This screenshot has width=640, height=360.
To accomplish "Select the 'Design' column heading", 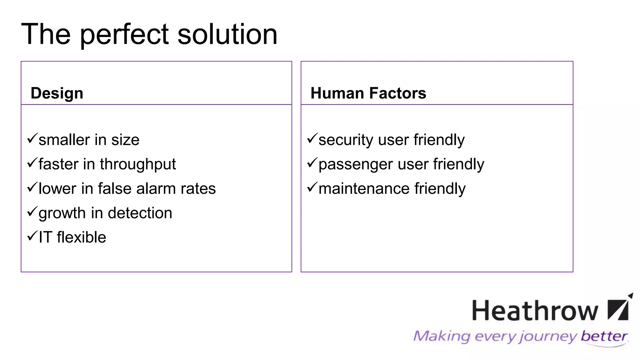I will (57, 93).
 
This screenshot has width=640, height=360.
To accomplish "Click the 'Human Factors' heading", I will (368, 93).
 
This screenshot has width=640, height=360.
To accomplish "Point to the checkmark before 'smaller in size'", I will (32, 138).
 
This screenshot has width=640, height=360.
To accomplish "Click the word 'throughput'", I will (138, 164).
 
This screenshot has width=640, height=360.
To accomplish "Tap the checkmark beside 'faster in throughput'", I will (32, 162).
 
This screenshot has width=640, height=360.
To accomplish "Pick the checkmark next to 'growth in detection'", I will (32, 212).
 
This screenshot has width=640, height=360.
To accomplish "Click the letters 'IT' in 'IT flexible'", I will (45, 237).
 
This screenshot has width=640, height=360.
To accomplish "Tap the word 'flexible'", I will (82, 237).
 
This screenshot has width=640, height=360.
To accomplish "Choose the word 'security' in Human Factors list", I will (346, 140).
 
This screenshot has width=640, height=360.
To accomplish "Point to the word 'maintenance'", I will (364, 188).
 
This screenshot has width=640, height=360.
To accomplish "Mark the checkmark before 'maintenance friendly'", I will (312, 187).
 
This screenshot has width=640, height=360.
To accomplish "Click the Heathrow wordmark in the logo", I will (535, 310).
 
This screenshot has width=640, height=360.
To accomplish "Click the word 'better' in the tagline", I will (604, 336).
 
